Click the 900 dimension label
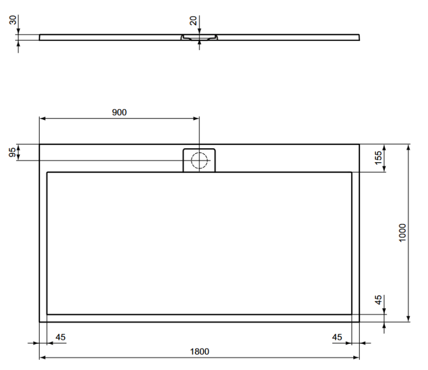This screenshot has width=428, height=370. click(119, 112)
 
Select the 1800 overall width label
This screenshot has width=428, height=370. click(199, 352)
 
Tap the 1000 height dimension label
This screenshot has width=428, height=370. click(402, 233)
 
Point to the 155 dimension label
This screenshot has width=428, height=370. click(378, 158)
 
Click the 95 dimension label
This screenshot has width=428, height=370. click(13, 152)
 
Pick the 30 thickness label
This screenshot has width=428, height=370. click(13, 20)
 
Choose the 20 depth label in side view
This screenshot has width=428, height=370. click(193, 21)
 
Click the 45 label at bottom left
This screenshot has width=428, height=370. click(61, 337)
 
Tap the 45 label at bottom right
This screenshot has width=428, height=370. click(337, 337)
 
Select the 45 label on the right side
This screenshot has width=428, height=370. click(378, 300)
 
